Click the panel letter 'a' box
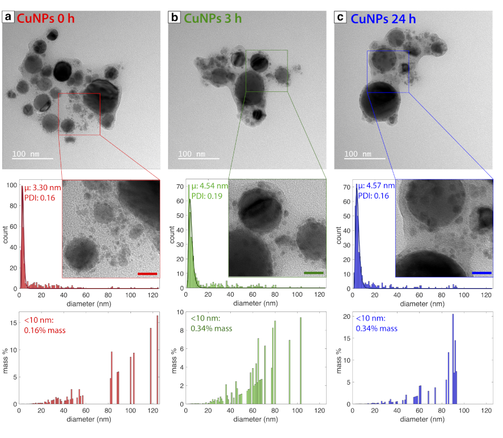(8, 17)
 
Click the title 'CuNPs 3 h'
(213, 18)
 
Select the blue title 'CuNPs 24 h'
(385, 18)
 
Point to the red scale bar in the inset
(146, 274)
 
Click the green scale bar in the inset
(313, 273)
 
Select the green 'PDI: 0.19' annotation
(208, 196)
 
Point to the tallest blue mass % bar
(453, 359)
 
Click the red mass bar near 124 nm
(157, 360)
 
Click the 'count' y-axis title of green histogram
(172, 235)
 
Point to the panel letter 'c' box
(341, 17)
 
